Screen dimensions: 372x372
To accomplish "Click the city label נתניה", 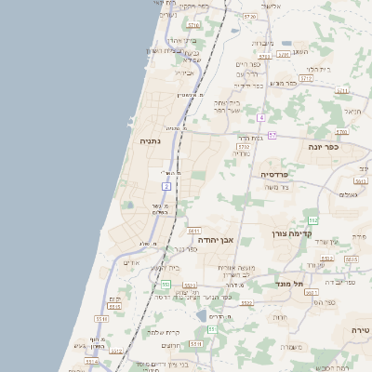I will point(149,142).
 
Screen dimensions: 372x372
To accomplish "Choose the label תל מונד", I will point(290,283).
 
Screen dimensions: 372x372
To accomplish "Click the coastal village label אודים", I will point(131,262).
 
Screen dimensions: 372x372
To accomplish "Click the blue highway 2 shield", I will point(166,186).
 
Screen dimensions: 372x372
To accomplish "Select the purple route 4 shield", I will point(262,118).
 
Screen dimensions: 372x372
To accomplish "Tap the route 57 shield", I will point(272,136).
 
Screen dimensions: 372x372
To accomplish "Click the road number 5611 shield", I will point(193,231).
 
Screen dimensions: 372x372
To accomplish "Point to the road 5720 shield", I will point(249,17).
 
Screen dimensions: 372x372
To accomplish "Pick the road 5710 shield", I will point(245,146).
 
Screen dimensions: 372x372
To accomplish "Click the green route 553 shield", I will point(165,285).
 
